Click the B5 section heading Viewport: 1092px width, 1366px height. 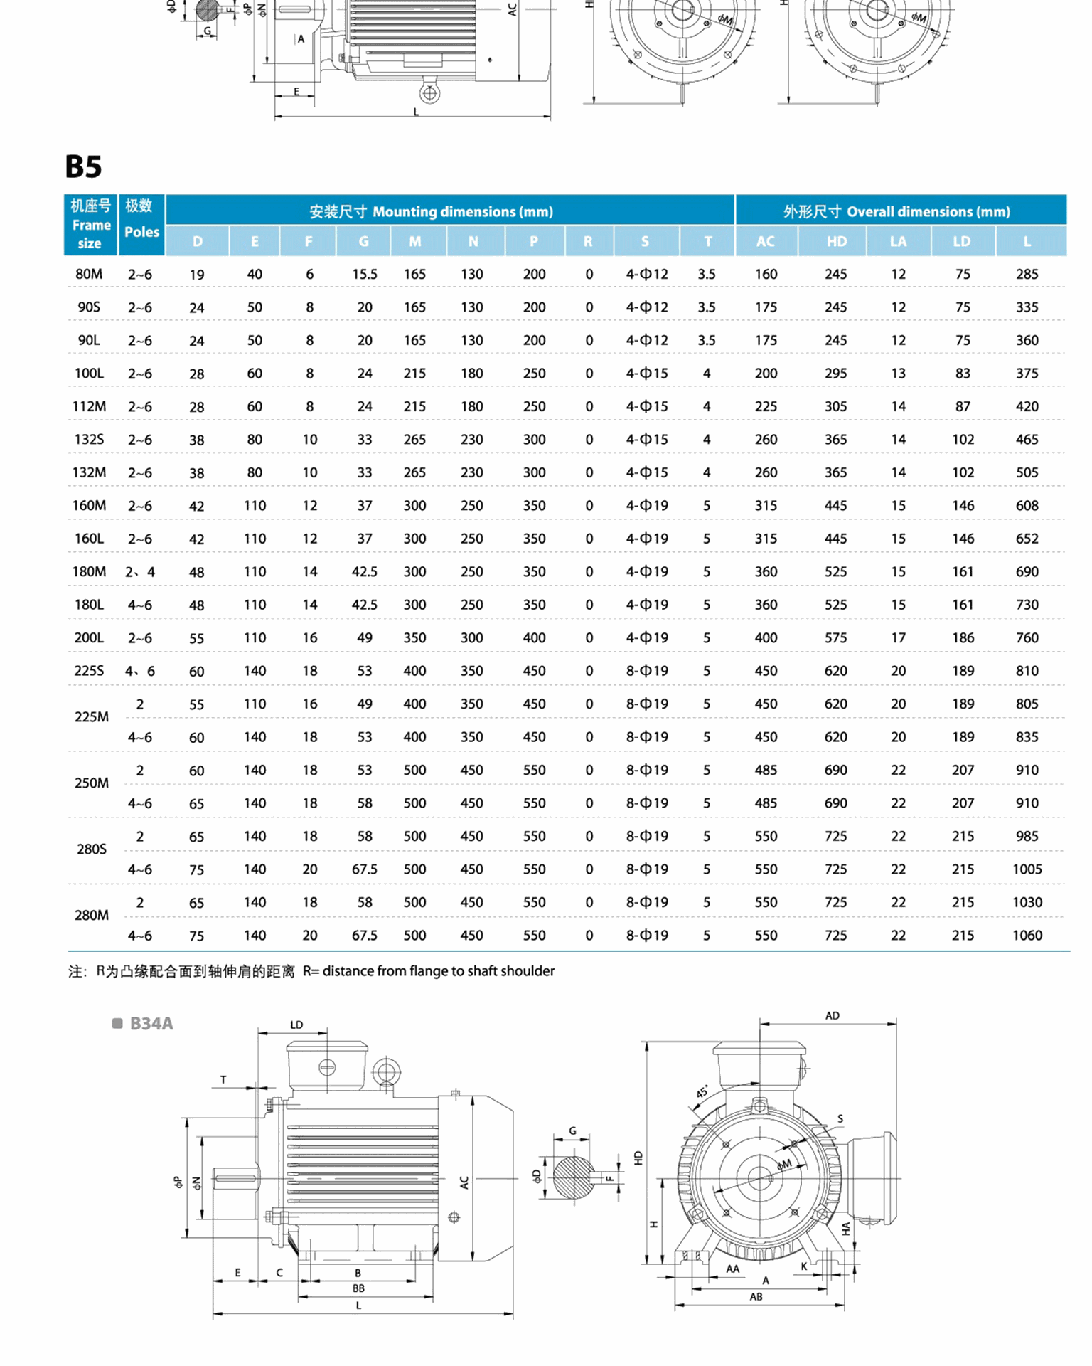[83, 166]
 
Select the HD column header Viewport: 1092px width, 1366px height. [836, 241]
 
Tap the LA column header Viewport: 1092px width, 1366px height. [898, 241]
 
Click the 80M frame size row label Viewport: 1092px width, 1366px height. [89, 274]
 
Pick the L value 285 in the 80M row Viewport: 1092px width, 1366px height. [1027, 274]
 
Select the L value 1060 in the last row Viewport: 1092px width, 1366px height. [1027, 935]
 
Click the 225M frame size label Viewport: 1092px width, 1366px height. [92, 716]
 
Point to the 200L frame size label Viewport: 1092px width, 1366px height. [89, 637]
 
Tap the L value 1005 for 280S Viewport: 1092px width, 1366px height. [1027, 869]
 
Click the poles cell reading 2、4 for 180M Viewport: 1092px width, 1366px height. [140, 571]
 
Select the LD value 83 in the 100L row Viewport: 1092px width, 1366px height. [963, 373]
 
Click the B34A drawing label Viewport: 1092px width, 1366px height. [151, 1023]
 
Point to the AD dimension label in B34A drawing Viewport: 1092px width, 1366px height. [832, 1015]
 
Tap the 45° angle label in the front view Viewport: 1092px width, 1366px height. [702, 1091]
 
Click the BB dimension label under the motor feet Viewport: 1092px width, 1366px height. [358, 1288]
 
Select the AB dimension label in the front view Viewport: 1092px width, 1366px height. [756, 1296]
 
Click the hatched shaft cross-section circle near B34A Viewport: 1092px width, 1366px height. [573, 1177]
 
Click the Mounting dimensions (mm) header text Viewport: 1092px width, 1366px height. [462, 211]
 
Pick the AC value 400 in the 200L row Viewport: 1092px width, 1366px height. [766, 637]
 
